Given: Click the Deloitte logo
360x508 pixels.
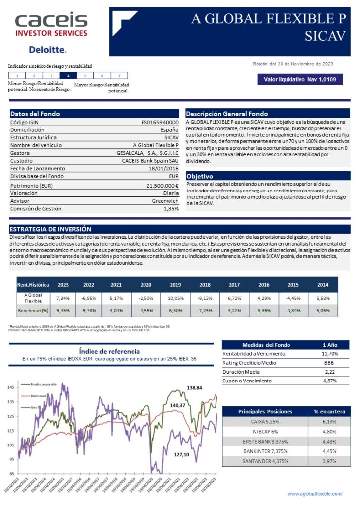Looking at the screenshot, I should (x=47, y=50).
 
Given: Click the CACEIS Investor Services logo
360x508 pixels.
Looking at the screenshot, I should (x=51, y=25).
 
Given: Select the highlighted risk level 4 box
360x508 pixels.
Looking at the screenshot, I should (x=68, y=76).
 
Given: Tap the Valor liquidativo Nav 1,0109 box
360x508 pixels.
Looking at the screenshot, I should (x=299, y=79).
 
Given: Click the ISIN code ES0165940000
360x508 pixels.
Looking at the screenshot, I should (x=160, y=122).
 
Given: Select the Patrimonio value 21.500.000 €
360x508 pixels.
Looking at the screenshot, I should (x=160, y=185).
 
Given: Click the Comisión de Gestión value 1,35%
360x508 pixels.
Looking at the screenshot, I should (x=171, y=209).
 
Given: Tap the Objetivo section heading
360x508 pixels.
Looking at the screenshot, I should (x=200, y=176).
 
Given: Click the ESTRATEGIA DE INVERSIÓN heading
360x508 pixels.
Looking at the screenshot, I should (x=51, y=229).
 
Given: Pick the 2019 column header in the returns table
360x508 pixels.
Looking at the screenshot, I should (x=175, y=285).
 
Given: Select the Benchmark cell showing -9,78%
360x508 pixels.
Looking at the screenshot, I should (x=89, y=311).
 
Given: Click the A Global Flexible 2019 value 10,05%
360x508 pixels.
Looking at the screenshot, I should (x=175, y=298).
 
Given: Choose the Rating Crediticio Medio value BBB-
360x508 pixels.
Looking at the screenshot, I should (x=330, y=363).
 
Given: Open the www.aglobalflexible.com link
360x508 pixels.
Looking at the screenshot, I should (x=315, y=494).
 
